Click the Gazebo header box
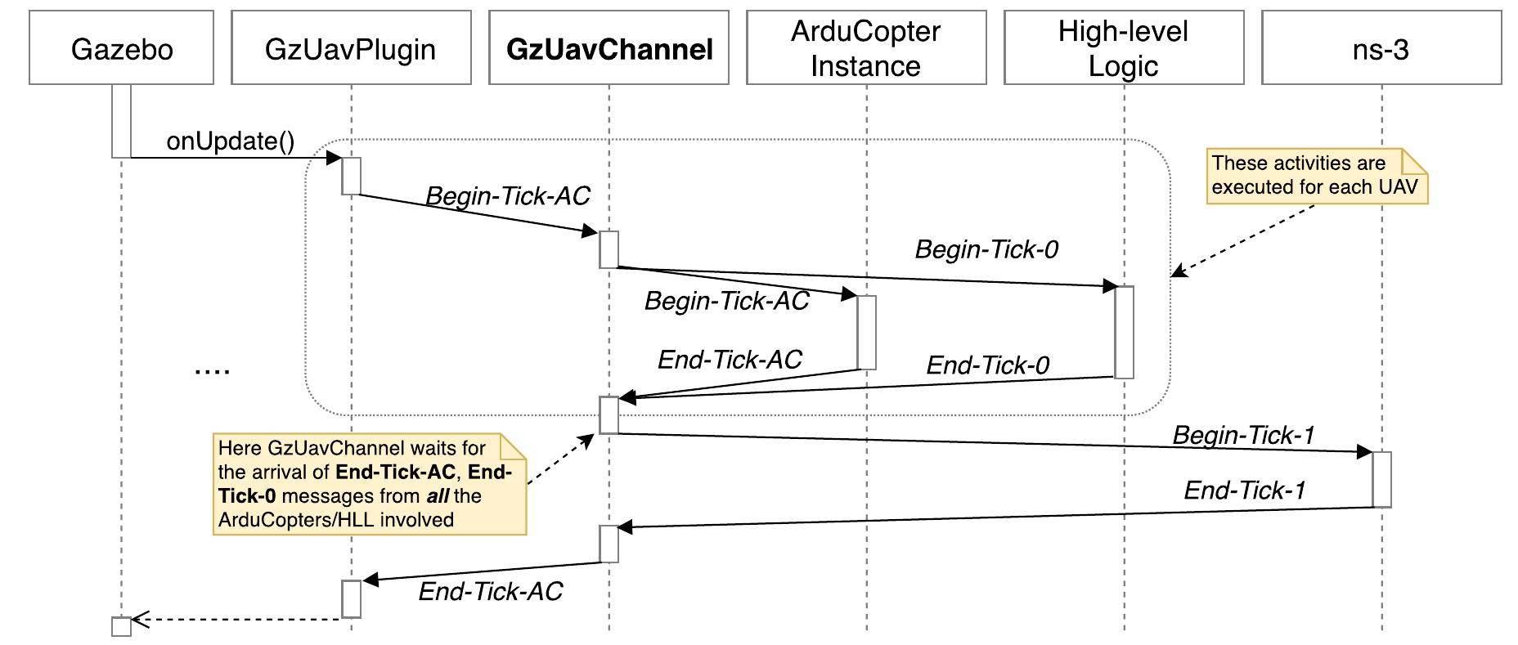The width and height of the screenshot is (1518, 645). (x=121, y=47)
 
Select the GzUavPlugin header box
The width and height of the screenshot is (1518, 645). (x=351, y=47)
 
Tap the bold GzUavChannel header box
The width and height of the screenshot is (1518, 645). (x=609, y=47)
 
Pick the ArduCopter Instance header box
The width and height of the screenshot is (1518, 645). (x=866, y=47)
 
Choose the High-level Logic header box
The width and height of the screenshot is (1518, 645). (x=1124, y=47)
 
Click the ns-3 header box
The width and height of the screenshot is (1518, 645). (x=1381, y=47)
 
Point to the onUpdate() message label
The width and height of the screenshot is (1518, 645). (x=230, y=141)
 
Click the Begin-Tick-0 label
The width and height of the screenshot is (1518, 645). (x=986, y=249)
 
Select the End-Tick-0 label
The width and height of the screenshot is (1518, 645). (x=987, y=365)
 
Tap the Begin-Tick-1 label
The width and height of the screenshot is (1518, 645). (x=1243, y=435)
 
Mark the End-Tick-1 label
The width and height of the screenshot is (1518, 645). (x=1245, y=490)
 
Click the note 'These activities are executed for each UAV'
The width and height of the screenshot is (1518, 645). (x=1315, y=176)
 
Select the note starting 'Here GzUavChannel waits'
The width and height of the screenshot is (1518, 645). (x=368, y=484)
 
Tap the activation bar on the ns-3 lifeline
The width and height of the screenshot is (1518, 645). (x=1381, y=479)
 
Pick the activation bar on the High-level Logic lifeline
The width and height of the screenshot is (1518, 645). (x=1124, y=332)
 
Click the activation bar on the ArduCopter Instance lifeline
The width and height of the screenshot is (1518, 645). (x=866, y=332)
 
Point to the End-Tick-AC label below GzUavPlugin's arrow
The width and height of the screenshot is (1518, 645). (x=490, y=592)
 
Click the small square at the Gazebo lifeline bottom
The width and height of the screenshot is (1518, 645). (x=121, y=627)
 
